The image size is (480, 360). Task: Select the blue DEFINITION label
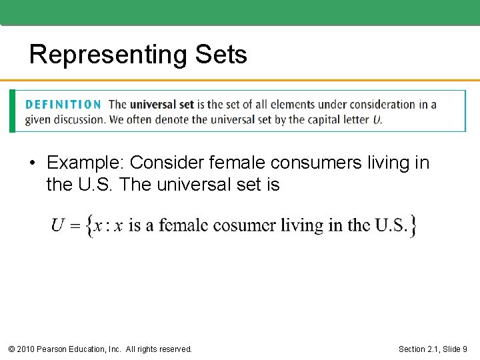pos(63,105)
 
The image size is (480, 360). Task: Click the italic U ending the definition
pos(377,120)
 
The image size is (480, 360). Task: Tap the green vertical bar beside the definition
pos(12,111)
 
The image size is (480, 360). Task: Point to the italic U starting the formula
pos(59,225)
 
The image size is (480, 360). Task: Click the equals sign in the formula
pos(76,226)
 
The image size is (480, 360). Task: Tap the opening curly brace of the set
pos(90,226)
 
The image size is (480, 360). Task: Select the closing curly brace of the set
pos(413,226)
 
